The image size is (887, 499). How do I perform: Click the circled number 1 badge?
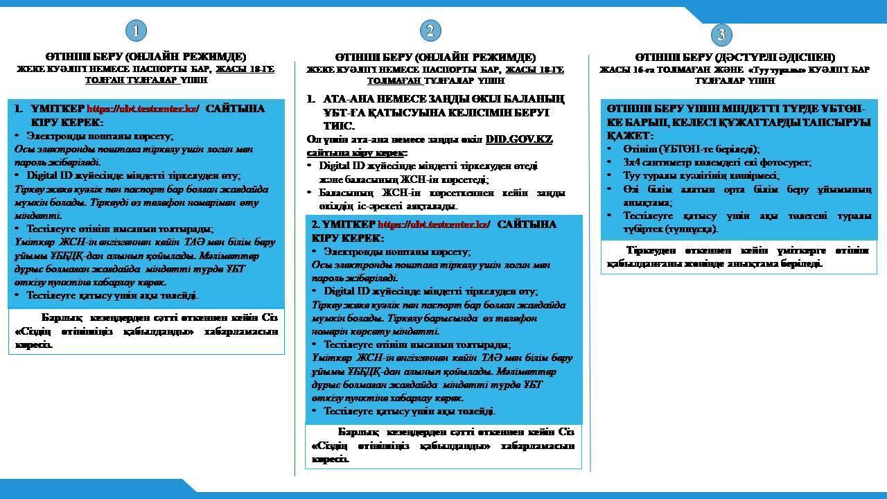tap(137, 30)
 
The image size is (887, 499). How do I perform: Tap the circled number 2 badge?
tap(430, 30)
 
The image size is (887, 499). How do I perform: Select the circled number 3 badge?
tap(721, 35)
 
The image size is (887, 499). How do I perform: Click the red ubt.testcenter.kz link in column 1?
tap(143, 109)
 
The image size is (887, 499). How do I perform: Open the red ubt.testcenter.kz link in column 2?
tap(434, 225)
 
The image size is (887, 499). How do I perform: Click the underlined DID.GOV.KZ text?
tap(519, 139)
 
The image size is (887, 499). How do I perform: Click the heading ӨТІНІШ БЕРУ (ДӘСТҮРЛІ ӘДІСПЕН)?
tap(735, 57)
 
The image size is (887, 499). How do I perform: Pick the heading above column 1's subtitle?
tap(146, 57)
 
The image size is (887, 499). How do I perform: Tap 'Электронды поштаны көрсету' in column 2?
tap(396, 252)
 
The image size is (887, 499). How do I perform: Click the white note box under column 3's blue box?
tap(738, 256)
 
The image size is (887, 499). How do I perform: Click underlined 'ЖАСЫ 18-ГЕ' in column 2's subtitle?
tap(534, 70)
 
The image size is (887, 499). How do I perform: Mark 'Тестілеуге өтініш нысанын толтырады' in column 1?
tap(119, 229)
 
